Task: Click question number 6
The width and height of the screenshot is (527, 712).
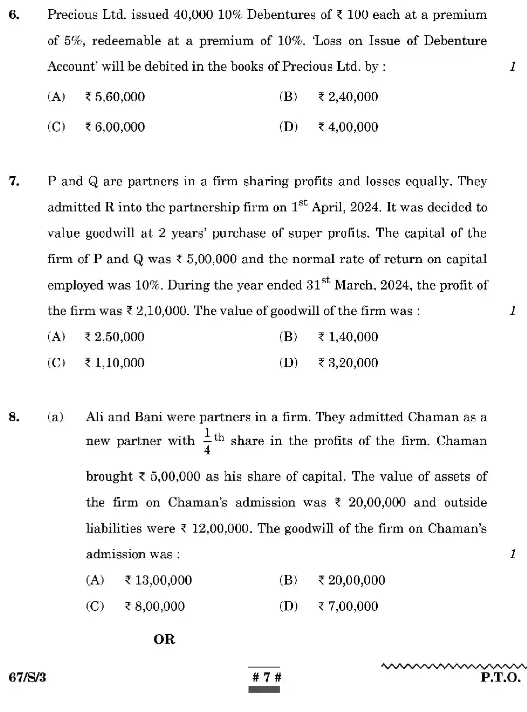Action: [14, 15]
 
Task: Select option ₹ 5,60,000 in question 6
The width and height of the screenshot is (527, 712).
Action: [115, 97]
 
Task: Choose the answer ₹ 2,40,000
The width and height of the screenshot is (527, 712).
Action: [348, 97]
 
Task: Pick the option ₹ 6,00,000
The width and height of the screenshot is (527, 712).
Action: [115, 127]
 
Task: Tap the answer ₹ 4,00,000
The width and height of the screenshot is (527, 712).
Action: [348, 127]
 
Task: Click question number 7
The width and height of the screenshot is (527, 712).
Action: [14, 182]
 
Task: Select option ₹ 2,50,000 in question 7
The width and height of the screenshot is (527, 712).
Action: [115, 337]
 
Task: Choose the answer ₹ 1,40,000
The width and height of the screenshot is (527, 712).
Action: [348, 337]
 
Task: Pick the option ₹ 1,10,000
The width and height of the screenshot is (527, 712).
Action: [115, 363]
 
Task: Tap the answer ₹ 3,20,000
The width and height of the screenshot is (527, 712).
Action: [348, 363]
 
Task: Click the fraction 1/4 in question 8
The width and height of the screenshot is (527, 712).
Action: [207, 441]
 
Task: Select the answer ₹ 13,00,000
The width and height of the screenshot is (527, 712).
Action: [158, 580]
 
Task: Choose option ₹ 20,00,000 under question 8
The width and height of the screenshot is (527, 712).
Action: [351, 580]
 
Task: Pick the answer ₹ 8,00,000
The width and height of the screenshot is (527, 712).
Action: [155, 606]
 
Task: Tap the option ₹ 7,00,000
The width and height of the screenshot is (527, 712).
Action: [348, 606]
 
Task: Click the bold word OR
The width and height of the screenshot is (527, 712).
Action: [164, 640]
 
